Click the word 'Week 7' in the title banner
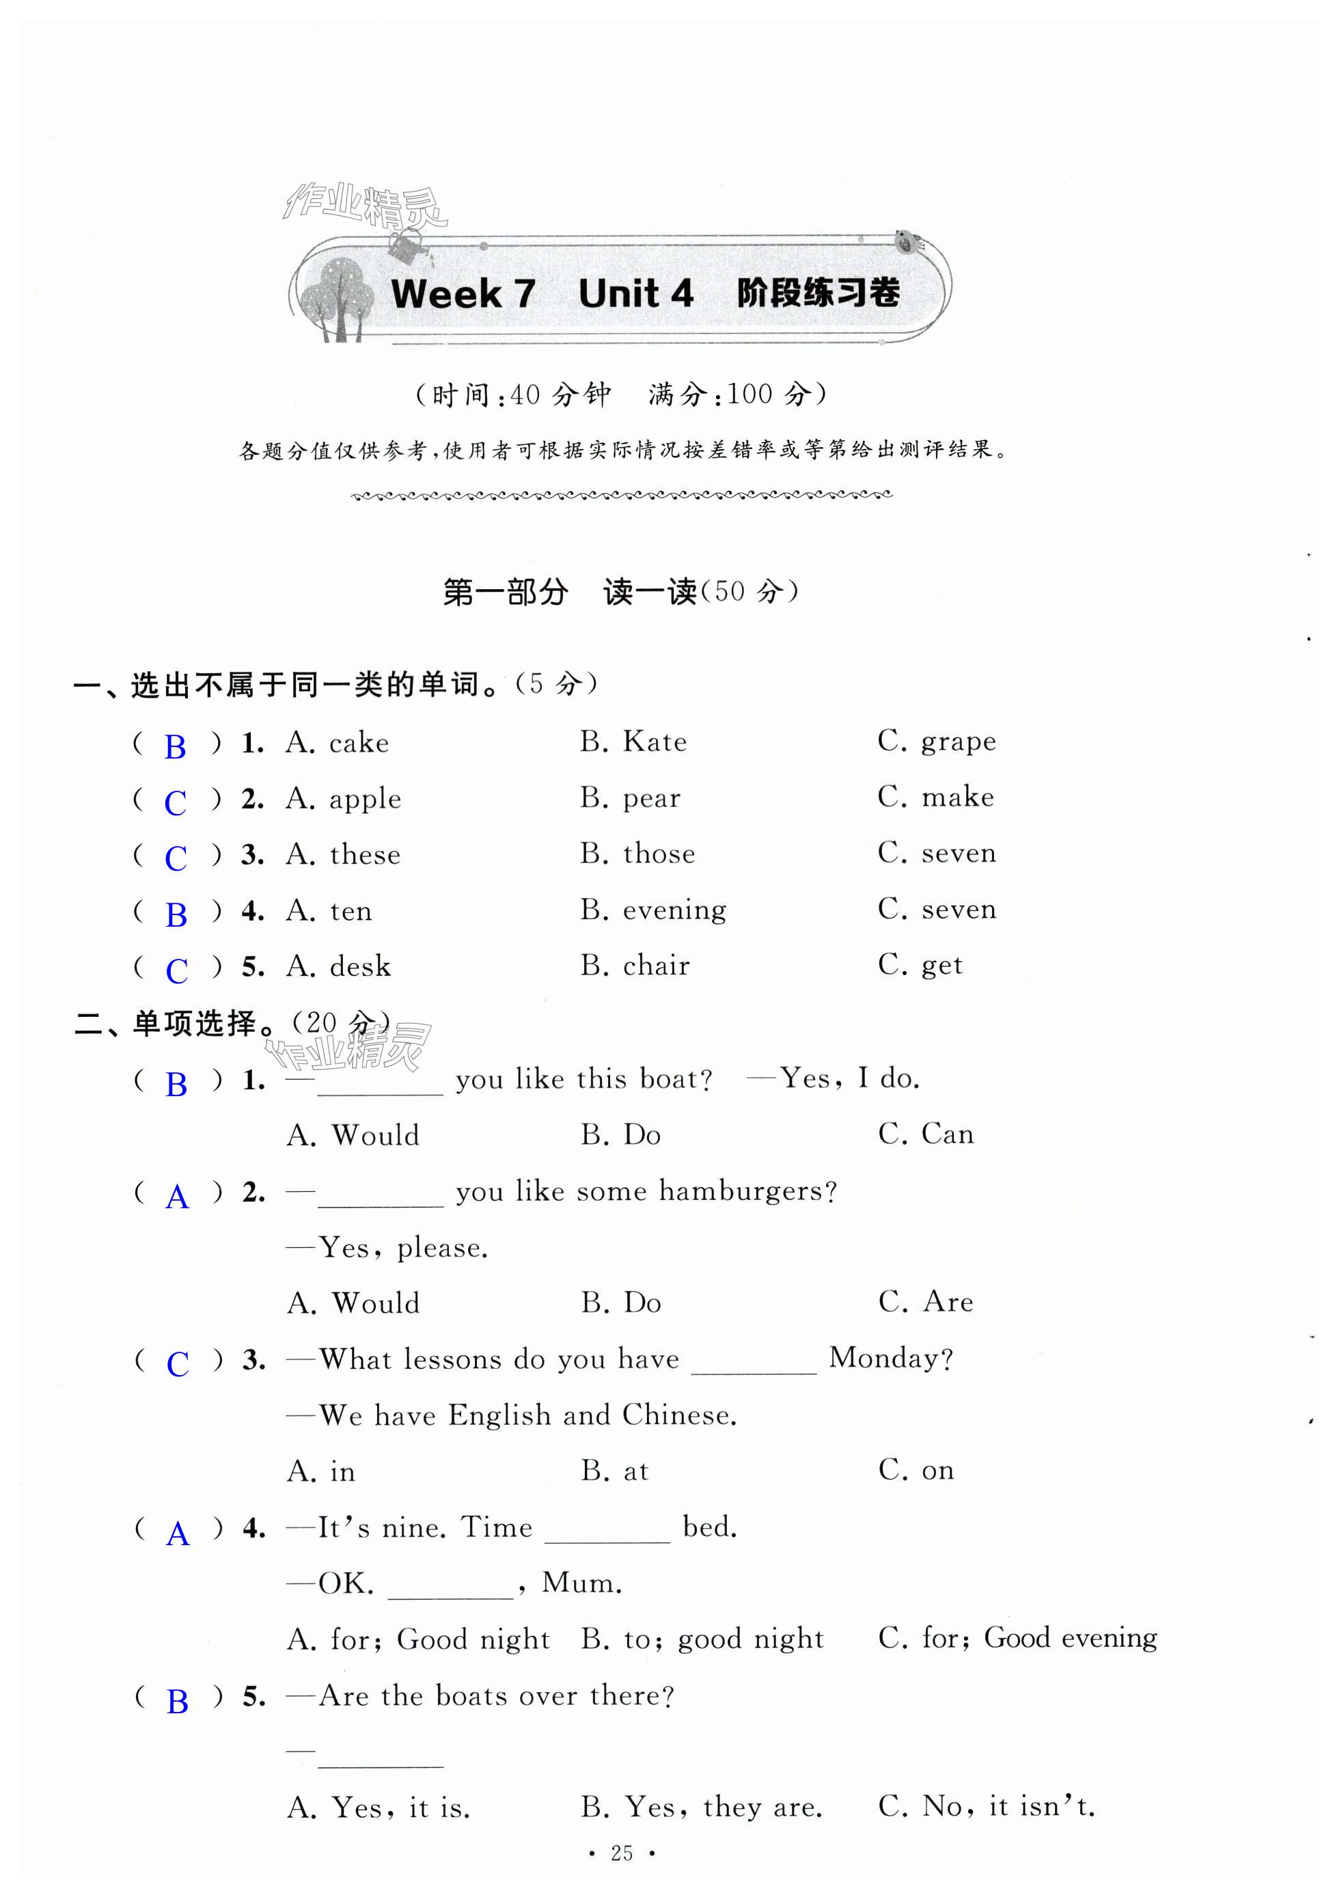[463, 293]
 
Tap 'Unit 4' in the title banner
[635, 293]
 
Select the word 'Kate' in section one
[655, 742]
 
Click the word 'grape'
[958, 742]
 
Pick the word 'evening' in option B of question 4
[674, 910]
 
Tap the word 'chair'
[657, 966]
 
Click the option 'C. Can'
[926, 1134]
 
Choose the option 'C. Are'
[926, 1302]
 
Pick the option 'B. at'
[615, 1471]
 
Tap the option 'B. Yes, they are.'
[702, 1808]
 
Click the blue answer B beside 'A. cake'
[176, 747]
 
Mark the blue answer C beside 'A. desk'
[176, 970]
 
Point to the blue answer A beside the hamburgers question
[177, 1197]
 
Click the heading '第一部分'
[506, 592]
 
